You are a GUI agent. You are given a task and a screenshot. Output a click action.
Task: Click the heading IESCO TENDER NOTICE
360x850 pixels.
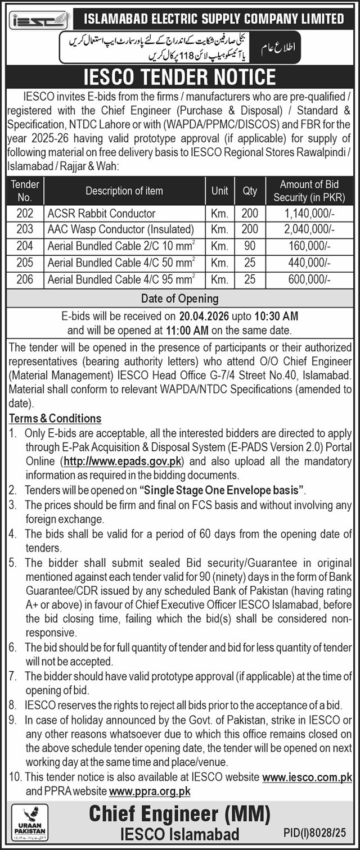[x=180, y=76]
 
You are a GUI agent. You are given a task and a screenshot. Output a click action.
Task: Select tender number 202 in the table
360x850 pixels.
[x=25, y=213]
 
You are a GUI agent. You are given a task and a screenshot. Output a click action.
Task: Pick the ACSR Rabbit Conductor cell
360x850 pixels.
[x=101, y=213]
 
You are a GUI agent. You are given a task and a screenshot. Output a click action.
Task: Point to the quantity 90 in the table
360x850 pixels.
[x=249, y=246]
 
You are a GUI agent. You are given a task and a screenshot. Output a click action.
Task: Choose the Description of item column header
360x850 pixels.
[x=124, y=191]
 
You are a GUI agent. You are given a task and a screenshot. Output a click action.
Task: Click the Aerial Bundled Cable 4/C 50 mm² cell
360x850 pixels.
[x=121, y=262]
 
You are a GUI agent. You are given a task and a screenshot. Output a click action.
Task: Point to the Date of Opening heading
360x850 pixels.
[x=180, y=299]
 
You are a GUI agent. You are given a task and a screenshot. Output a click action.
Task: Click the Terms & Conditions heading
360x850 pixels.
[x=55, y=418]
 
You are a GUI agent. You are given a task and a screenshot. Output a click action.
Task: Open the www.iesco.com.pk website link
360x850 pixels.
[x=307, y=777]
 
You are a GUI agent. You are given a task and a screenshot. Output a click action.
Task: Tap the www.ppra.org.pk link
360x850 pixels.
[x=150, y=791]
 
